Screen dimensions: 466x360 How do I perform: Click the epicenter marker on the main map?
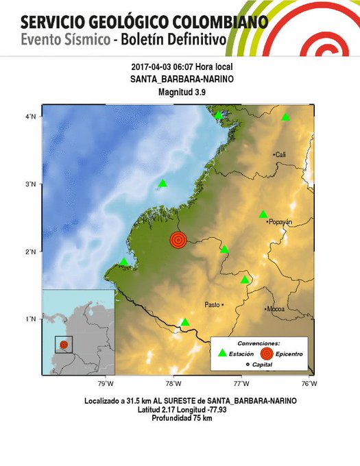pos(178,240)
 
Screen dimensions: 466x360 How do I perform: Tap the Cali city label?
pos(280,155)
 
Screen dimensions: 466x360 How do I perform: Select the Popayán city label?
pos(280,222)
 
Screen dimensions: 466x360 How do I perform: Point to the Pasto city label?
pos(213,304)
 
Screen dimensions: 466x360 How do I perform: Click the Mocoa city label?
pos(276,309)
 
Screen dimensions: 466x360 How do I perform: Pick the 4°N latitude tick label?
pos(32,117)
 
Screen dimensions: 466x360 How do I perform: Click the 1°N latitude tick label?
pos(32,319)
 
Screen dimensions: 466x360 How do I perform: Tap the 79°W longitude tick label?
pos(106,383)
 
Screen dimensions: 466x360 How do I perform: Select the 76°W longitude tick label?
pos(308,383)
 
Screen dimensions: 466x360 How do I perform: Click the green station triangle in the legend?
pos(221,354)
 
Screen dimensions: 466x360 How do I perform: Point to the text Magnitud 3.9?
pos(180,92)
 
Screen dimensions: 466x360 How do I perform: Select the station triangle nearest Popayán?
pos(263,214)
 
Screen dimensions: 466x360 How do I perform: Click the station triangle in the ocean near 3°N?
pos(163,183)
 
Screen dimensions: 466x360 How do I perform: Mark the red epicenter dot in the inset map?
pos(64,345)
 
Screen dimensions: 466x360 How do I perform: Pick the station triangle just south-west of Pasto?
pos(185,322)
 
